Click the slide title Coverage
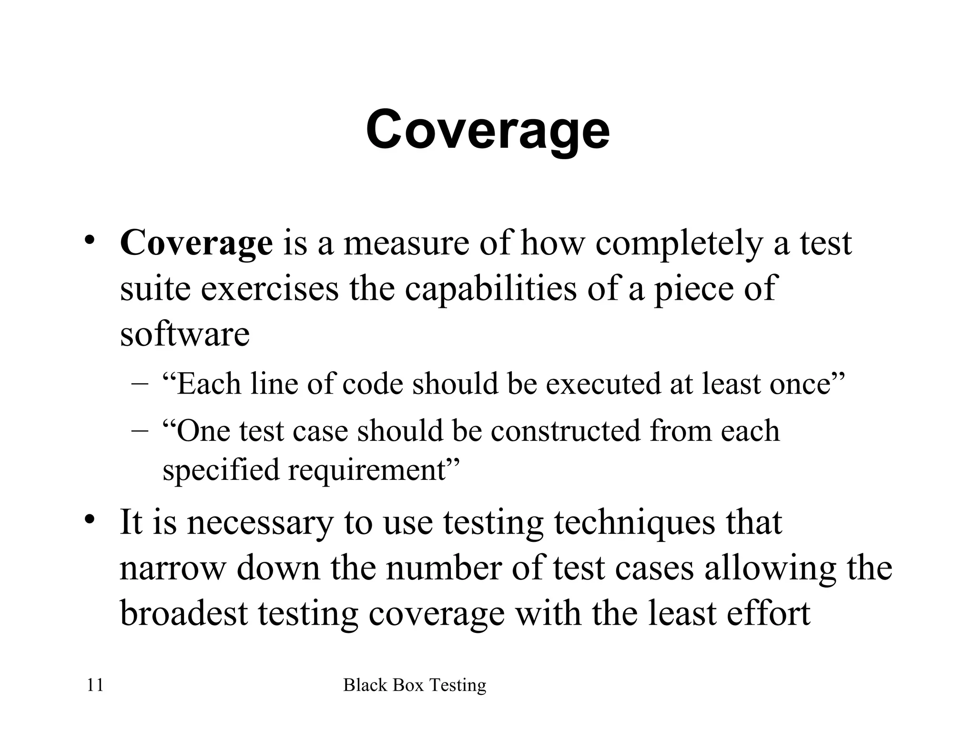(488, 130)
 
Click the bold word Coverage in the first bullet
(196, 243)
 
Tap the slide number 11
(95, 685)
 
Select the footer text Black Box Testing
(415, 685)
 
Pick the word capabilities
(490, 289)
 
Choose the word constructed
(566, 431)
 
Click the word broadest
(183, 613)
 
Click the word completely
(679, 243)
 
